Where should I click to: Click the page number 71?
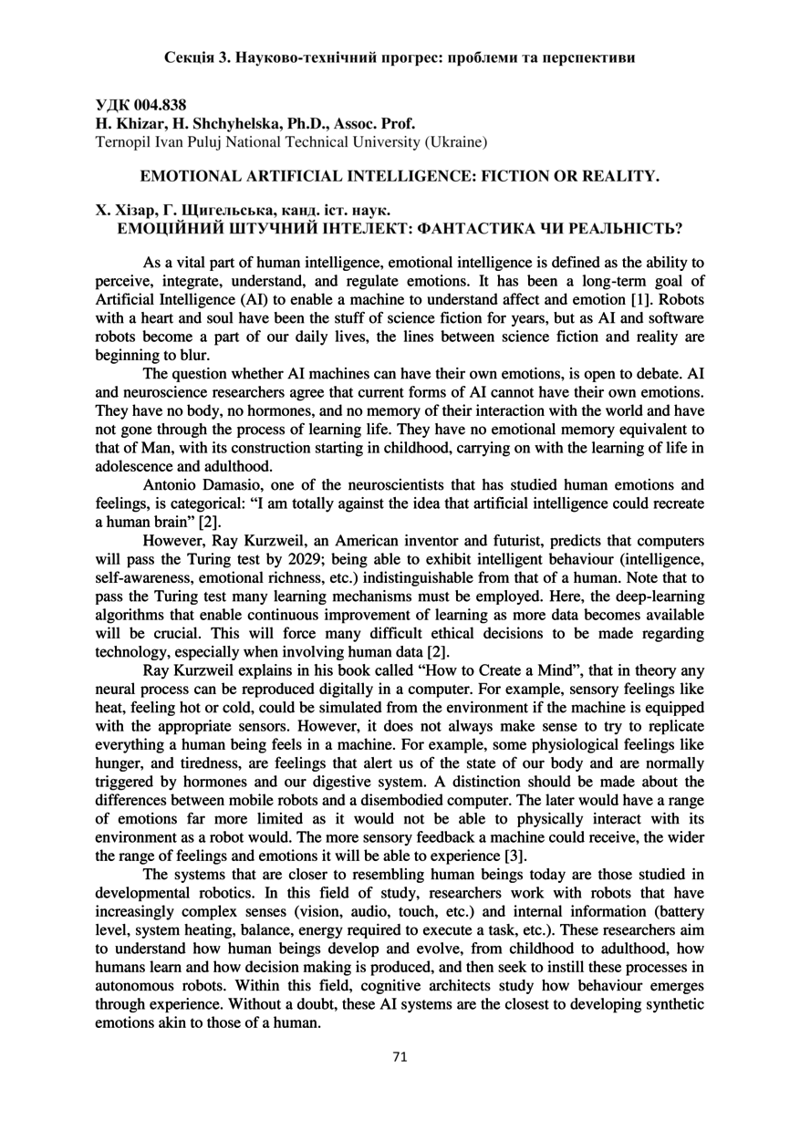click(x=400, y=1057)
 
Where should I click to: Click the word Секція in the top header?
click(x=190, y=57)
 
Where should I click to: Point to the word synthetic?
click(x=672, y=1003)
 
